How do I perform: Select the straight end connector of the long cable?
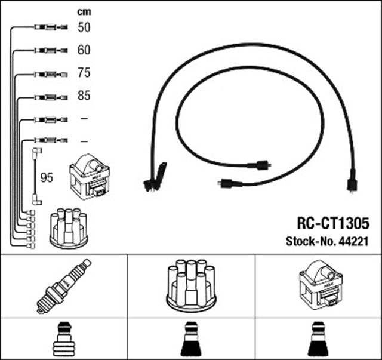pyautogui.click(x=352, y=181)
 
